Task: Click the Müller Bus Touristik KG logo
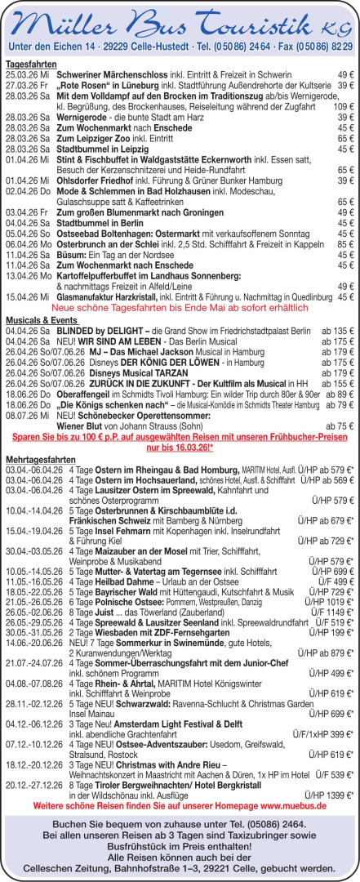coord(180,21)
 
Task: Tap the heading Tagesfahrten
coord(31,63)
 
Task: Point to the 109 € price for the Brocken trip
coord(343,106)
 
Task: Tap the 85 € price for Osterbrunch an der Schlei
coord(345,243)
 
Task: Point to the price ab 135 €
coord(337,331)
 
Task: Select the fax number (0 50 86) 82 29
coord(313,47)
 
